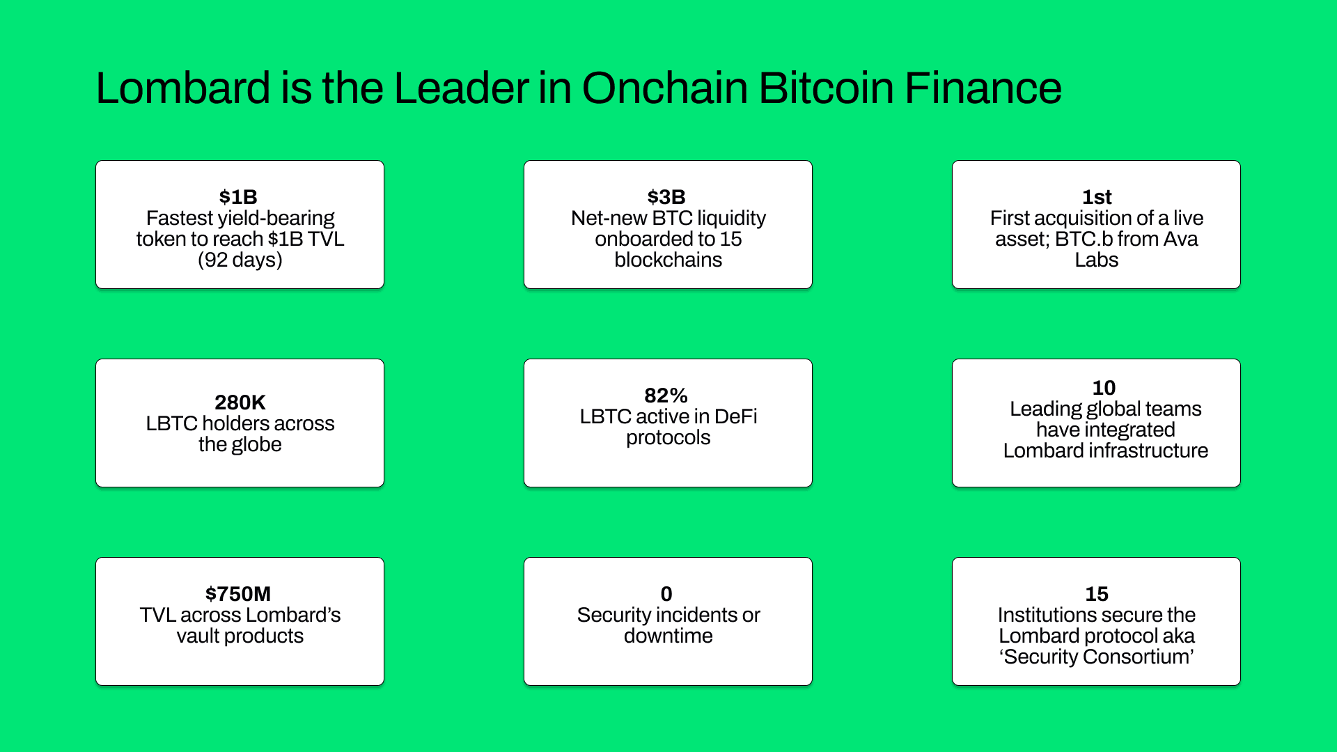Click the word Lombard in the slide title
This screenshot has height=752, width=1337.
183,88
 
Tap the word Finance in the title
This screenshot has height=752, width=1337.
983,88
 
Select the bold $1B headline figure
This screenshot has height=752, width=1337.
238,197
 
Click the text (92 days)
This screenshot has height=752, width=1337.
240,260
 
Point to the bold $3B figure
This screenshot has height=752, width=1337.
666,197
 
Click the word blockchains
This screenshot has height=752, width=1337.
668,260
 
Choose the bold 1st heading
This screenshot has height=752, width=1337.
1097,197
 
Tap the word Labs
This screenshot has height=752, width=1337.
1097,260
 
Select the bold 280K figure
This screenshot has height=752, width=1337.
240,402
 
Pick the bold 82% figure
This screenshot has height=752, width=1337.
666,395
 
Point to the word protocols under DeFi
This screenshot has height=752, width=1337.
668,437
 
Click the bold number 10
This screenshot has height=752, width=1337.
1104,388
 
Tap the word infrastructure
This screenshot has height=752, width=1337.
1148,451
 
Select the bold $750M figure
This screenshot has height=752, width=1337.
238,594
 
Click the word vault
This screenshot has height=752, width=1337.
198,636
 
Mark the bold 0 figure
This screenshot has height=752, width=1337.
666,594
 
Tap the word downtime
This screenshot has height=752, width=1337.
668,636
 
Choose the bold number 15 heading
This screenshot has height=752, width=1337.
1097,594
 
